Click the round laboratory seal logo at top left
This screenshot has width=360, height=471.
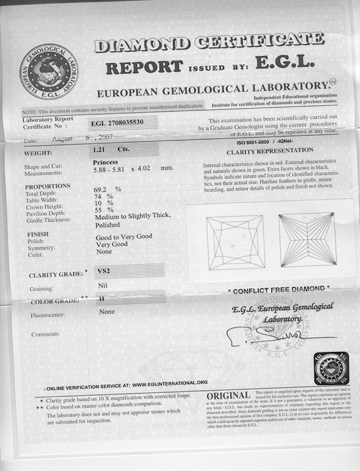48,71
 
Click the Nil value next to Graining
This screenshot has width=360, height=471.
103,285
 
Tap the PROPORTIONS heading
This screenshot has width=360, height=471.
48,186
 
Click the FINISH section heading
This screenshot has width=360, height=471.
38,234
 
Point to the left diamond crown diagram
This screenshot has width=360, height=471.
235,242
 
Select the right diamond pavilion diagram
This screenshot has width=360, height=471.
306,240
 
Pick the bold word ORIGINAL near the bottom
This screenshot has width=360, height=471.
228,396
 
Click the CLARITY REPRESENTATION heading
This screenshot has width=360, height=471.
269,151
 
